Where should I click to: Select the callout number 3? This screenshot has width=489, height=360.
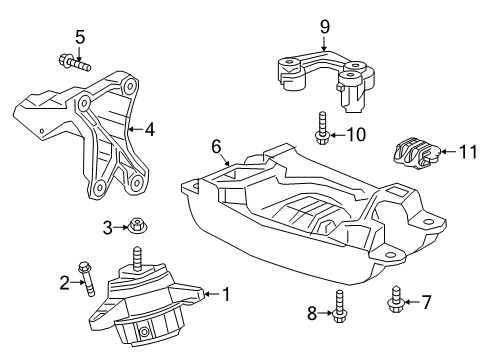point(108,228)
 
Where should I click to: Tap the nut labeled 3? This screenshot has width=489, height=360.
point(134,228)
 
